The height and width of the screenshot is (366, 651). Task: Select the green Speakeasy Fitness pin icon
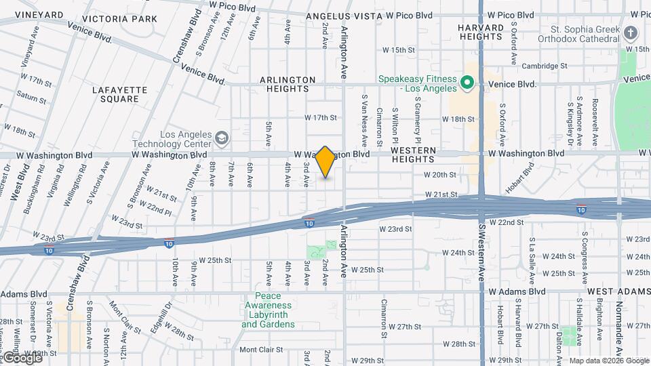(x=467, y=83)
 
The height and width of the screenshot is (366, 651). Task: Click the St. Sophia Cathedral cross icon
(x=630, y=33)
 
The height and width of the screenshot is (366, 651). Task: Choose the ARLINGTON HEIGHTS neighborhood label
(x=288, y=85)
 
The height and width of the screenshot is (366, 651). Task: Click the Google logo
(x=22, y=357)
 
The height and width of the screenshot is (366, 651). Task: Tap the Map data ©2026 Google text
(x=608, y=361)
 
